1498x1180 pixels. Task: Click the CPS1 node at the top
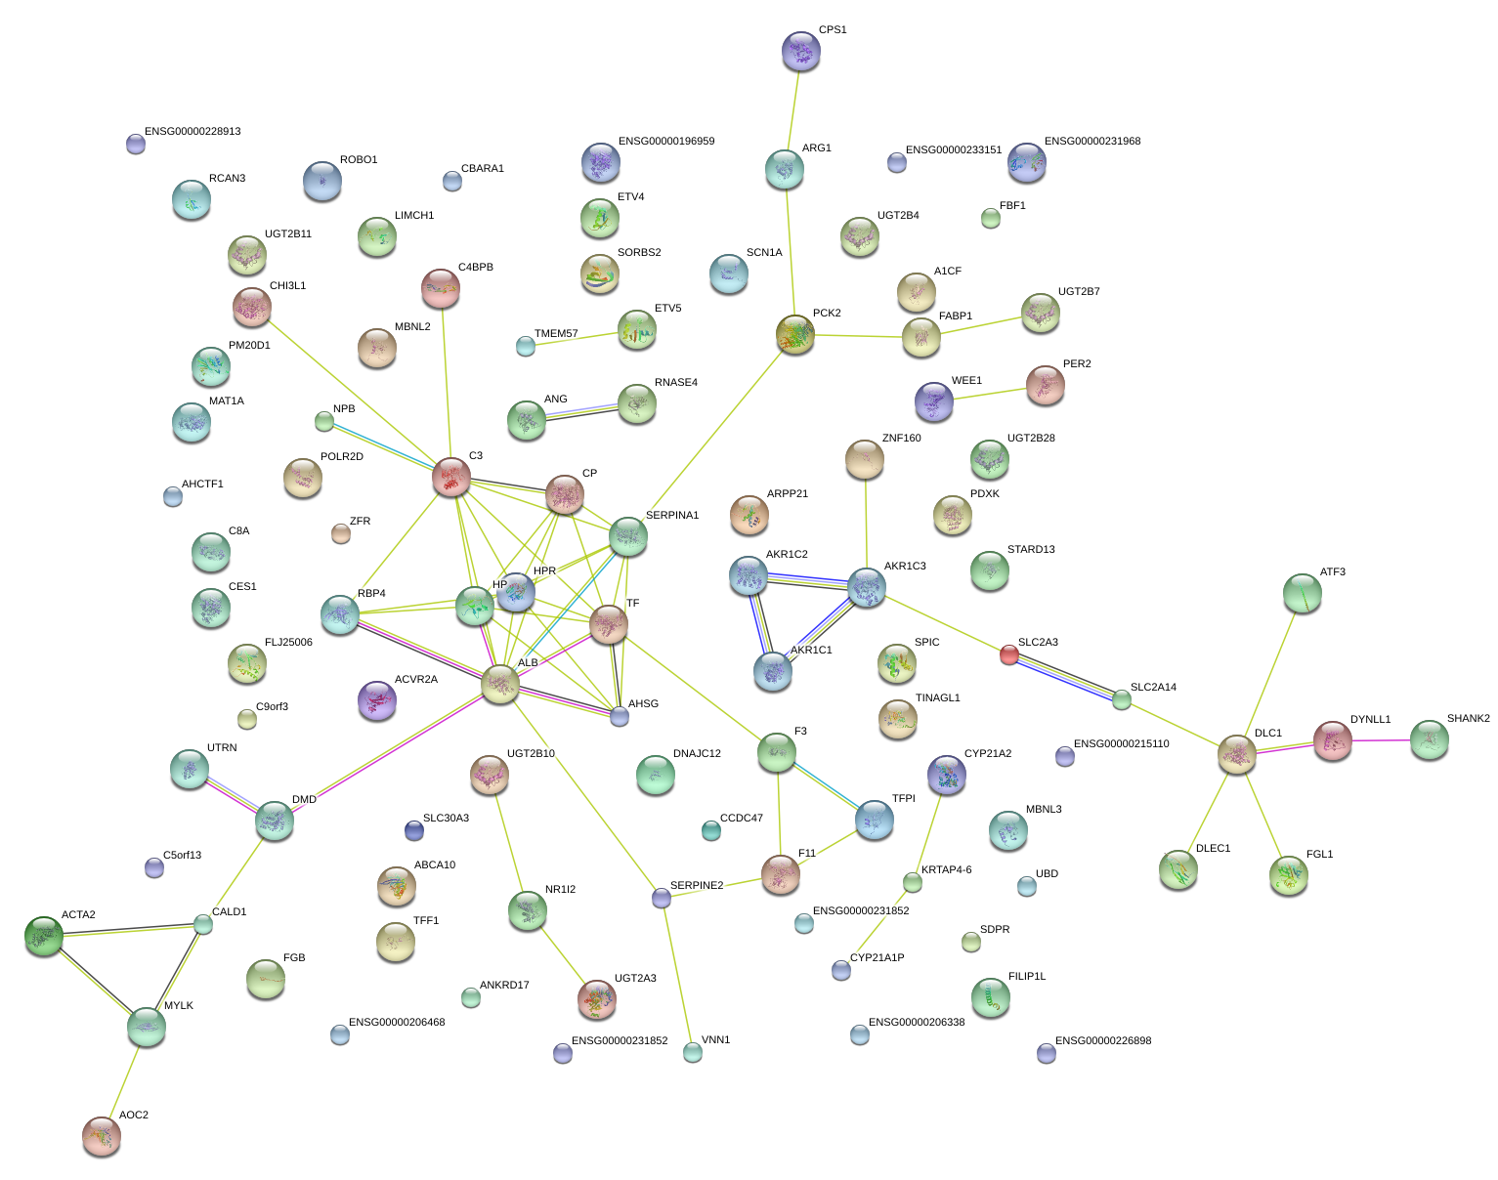pyautogui.click(x=801, y=51)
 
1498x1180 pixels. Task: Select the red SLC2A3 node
pyautogui.click(x=1008, y=654)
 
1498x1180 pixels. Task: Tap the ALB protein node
pyautogui.click(x=499, y=683)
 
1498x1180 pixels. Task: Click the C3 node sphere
pyautogui.click(x=450, y=477)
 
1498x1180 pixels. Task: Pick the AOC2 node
pyautogui.click(x=102, y=1136)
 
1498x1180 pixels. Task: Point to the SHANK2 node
pyautogui.click(x=1429, y=739)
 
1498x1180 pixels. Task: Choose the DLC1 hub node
pyautogui.click(x=1236, y=754)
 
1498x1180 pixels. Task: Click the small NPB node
pyautogui.click(x=323, y=421)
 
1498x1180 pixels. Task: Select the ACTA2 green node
pyautogui.click(x=43, y=936)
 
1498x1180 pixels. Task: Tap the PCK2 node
pyautogui.click(x=795, y=334)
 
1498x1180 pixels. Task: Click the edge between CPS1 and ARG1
pyautogui.click(x=793, y=109)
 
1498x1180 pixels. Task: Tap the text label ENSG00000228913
pyautogui.click(x=193, y=131)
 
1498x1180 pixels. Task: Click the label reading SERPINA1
pyautogui.click(x=672, y=515)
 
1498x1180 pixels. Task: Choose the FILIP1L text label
pyautogui.click(x=1027, y=976)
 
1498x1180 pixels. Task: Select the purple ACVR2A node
pyautogui.click(x=376, y=699)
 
